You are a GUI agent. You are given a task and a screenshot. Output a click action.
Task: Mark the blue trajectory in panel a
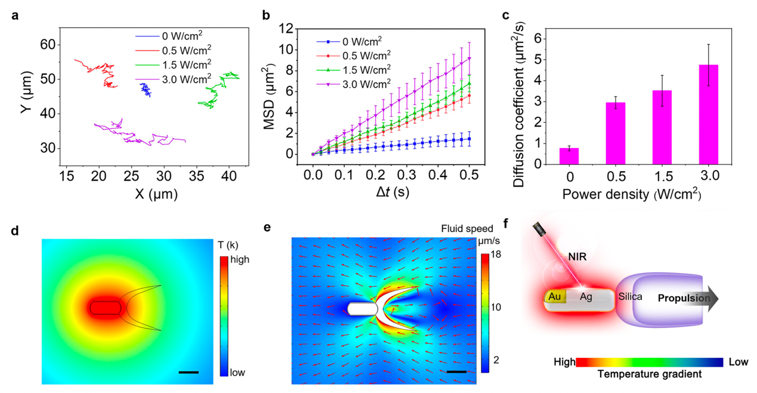coord(145,90)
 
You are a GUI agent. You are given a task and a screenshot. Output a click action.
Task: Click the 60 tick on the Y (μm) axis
coord(48,45)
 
